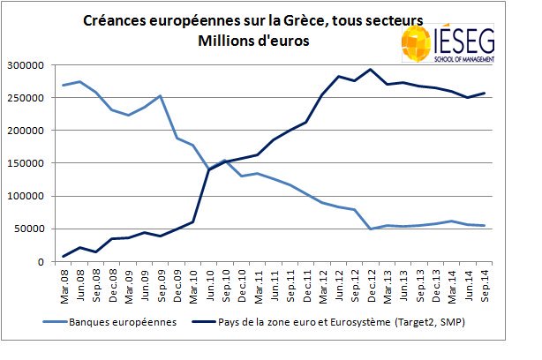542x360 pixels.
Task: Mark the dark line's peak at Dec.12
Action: [x=371, y=70]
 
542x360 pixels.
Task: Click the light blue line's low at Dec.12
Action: [x=371, y=229]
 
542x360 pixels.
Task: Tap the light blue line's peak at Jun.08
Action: [x=81, y=82]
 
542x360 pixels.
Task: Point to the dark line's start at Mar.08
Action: [x=64, y=256]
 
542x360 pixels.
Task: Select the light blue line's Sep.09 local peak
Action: [x=160, y=96]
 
